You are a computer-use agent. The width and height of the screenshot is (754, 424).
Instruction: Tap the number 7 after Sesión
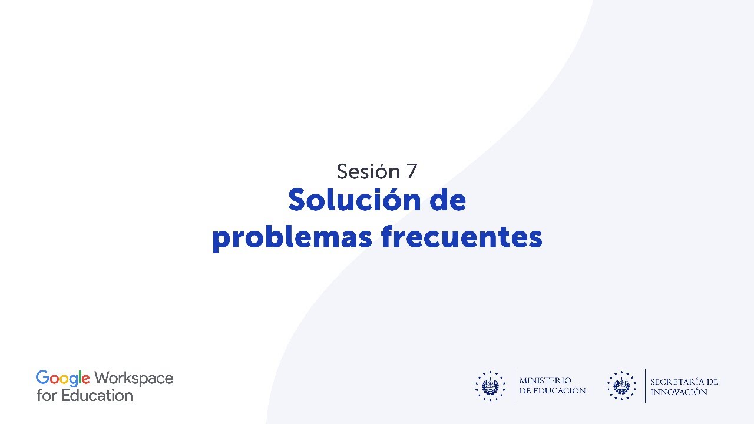[411, 172]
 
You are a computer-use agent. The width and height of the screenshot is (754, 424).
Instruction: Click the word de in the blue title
[447, 200]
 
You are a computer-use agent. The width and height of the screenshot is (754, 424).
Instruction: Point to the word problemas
[292, 237]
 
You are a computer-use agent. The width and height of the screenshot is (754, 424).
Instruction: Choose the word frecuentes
[462, 237]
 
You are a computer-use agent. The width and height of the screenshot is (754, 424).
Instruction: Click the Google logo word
[63, 379]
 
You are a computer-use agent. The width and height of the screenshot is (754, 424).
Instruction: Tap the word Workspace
[134, 379]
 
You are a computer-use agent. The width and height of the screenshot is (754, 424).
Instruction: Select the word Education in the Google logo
[97, 396]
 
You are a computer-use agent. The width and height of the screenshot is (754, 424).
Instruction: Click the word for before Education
[47, 396]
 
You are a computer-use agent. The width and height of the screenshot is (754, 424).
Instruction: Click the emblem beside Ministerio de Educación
[490, 386]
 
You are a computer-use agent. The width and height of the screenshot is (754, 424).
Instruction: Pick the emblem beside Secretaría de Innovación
[622, 386]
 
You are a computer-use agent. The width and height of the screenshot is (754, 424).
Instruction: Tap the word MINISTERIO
[545, 381]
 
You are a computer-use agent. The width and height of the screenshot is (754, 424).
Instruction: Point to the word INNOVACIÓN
[679, 392]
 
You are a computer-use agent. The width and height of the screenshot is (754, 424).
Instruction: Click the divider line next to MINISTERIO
[514, 386]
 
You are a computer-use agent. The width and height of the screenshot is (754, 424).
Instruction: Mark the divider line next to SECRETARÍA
[645, 386]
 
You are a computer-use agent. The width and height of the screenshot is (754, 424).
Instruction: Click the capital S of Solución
[297, 200]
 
